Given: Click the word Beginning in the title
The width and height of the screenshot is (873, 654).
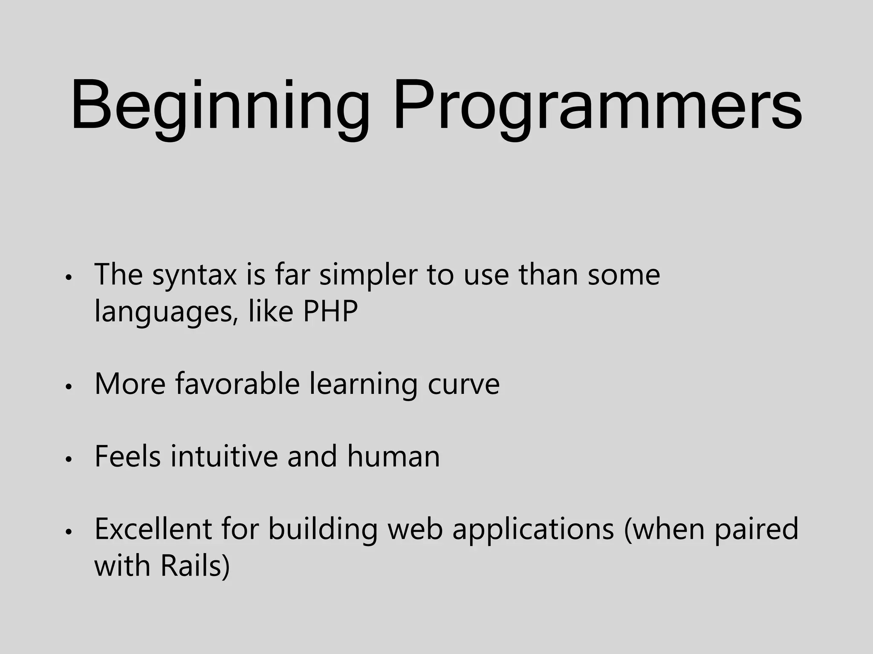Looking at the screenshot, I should coord(220,106).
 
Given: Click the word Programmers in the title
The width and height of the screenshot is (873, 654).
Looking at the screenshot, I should coord(597,106).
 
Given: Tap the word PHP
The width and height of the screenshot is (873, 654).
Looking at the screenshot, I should coord(330,312).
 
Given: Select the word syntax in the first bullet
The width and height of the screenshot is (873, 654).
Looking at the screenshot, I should coord(194,275).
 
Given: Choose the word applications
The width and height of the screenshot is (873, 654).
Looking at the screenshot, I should coord(533,531).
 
